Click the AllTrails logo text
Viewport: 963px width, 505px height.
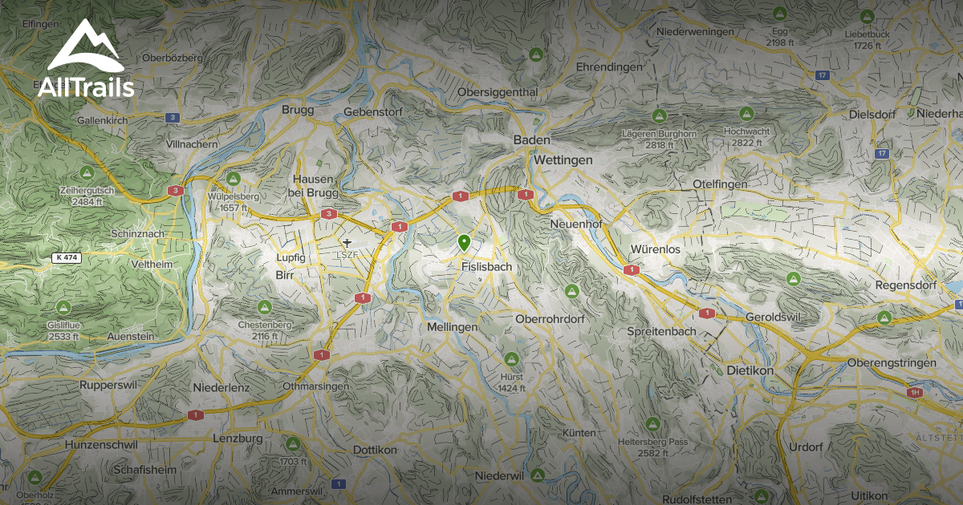coord(86,87)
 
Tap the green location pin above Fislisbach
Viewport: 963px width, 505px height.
coord(463,241)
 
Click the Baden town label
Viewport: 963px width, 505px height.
coord(531,140)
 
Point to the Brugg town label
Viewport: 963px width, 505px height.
coord(298,110)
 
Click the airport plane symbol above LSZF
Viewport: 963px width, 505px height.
coord(347,241)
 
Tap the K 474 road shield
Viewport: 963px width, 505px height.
coord(68,257)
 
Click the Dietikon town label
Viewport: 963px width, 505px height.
coord(749,371)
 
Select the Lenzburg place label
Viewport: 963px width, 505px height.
coord(238,438)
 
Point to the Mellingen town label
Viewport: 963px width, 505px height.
coord(452,327)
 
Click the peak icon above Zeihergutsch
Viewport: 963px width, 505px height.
coord(86,173)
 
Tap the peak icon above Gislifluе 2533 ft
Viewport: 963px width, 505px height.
coord(63,307)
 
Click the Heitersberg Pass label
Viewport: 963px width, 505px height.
coord(652,442)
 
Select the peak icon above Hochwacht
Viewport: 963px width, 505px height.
coord(746,114)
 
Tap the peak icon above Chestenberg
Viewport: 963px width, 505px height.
coord(263,307)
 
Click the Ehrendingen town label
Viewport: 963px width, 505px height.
coord(609,67)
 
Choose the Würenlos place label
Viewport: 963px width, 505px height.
coord(655,249)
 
